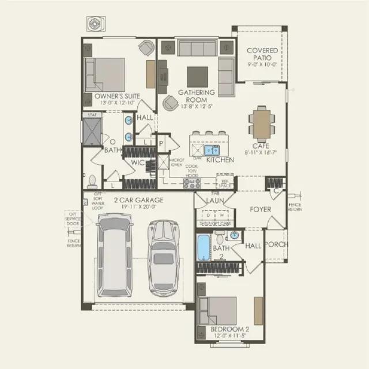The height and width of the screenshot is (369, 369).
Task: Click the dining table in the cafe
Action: pyautogui.click(x=262, y=122)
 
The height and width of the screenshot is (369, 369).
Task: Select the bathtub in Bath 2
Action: pyautogui.click(x=204, y=247)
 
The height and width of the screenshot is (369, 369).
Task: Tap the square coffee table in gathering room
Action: pyautogui.click(x=197, y=77)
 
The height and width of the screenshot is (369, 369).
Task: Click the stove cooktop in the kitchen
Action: pyautogui.click(x=192, y=183)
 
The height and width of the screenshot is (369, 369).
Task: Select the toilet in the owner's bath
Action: pyautogui.click(x=92, y=181)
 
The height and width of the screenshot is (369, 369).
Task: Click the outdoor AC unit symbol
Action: pyautogui.click(x=94, y=24)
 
